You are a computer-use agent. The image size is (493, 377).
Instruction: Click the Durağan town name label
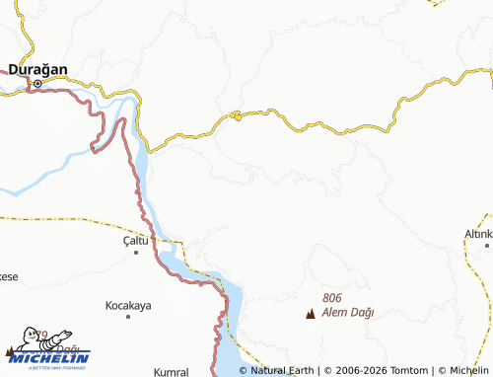pos(37,69)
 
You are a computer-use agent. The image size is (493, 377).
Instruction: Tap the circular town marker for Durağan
pos(37,84)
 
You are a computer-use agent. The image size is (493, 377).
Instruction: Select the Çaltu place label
pos(135,240)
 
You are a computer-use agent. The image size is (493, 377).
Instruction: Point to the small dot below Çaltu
pos(136,253)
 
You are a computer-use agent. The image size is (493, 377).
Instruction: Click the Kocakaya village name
pos(128,306)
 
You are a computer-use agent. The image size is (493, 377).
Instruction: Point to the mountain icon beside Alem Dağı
pos(312,315)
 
